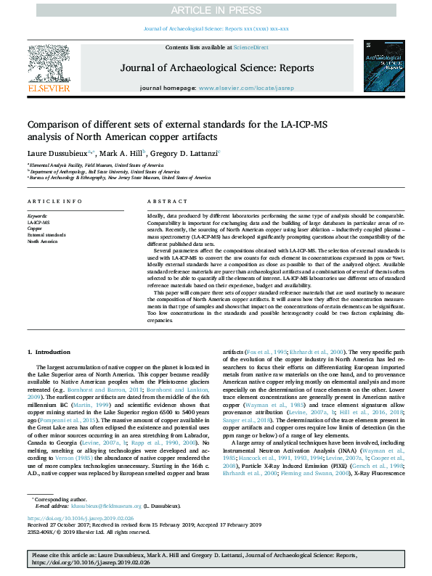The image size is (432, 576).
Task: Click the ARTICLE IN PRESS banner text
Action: click(x=216, y=10)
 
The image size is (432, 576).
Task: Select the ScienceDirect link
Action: click(x=251, y=47)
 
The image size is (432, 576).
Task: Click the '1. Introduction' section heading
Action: click(x=49, y=352)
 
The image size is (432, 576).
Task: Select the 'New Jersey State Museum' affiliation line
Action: click(x=110, y=177)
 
